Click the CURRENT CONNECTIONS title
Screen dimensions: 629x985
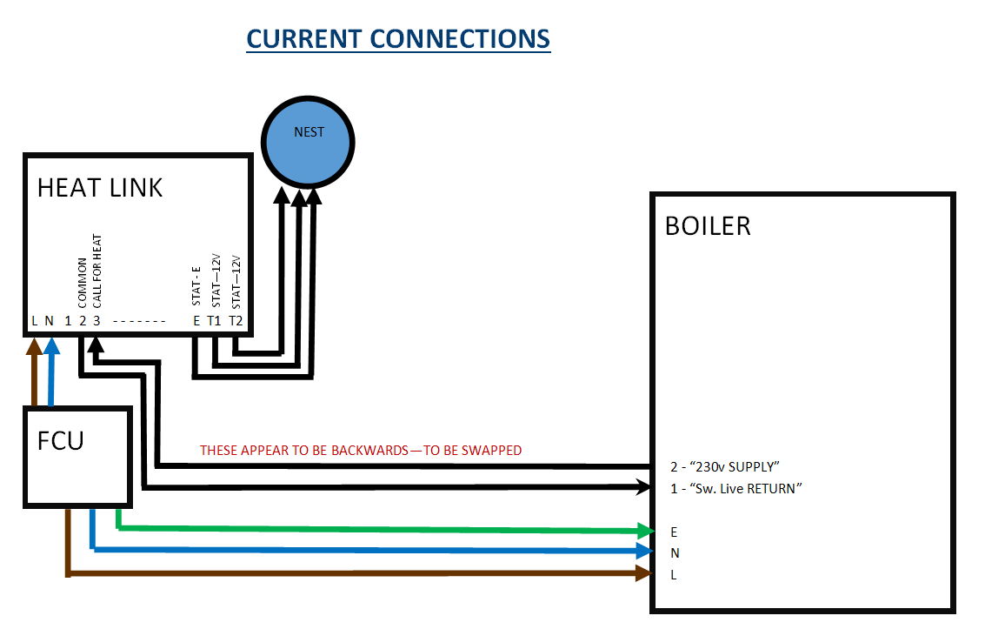(398, 39)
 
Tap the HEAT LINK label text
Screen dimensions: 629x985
(100, 188)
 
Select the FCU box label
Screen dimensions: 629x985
(61, 439)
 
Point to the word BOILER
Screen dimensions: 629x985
(708, 226)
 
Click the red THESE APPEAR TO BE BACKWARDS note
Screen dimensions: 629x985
(361, 451)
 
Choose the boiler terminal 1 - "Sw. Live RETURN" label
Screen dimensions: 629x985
(735, 489)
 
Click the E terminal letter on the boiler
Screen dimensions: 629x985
(675, 532)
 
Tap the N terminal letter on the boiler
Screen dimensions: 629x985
(676, 553)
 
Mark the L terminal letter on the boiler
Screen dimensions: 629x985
(675, 575)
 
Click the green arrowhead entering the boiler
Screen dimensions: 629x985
(644, 530)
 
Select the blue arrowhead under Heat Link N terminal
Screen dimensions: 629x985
(51, 346)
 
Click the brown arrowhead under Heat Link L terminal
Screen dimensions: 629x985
(34, 346)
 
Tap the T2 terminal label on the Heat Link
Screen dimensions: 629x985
(236, 320)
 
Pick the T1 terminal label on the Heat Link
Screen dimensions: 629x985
(214, 320)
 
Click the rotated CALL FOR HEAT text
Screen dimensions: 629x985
(97, 271)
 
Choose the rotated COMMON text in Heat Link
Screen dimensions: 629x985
(82, 283)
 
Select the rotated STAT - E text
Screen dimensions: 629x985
(196, 284)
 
